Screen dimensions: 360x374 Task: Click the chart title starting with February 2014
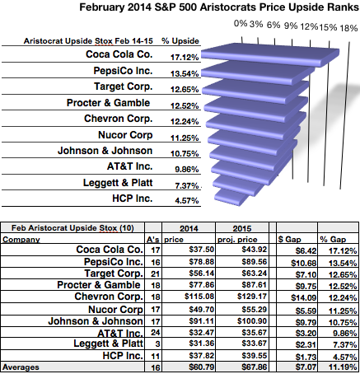click(219, 7)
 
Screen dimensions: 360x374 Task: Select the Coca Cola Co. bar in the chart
click(270, 56)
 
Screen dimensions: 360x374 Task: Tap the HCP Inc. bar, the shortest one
click(231, 197)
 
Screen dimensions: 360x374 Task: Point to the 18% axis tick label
click(348, 28)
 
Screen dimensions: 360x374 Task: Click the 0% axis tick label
click(241, 23)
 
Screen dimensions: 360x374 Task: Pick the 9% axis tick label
click(291, 26)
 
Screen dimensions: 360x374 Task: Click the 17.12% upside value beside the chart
click(185, 58)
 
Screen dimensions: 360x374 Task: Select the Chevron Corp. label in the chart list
click(118, 119)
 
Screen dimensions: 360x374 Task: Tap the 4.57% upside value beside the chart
click(187, 200)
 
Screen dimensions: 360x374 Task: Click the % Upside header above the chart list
click(180, 41)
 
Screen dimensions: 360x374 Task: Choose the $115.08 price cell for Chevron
click(199, 297)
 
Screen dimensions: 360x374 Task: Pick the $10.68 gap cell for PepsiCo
click(304, 263)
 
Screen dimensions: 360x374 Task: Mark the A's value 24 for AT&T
click(156, 333)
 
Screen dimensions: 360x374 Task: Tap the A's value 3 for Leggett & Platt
click(157, 344)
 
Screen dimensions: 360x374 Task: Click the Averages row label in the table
click(21, 367)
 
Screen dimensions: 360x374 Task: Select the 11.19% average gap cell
click(343, 367)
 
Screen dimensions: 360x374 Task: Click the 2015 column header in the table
click(242, 228)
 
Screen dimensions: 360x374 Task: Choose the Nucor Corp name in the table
click(115, 310)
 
